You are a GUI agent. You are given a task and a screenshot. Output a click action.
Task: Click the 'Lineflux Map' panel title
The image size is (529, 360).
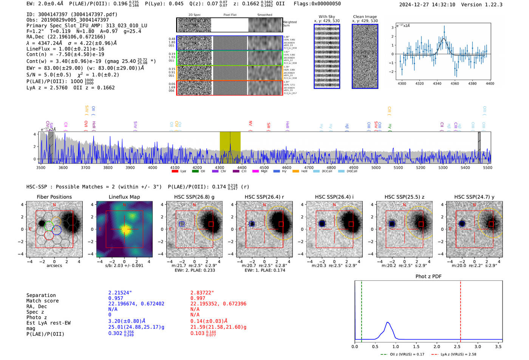pyautogui.click(x=124, y=197)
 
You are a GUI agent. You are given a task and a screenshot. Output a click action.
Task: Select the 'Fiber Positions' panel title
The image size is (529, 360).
pyautogui.click(x=54, y=197)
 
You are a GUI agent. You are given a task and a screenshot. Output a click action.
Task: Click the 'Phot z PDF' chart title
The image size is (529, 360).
pyautogui.click(x=428, y=277)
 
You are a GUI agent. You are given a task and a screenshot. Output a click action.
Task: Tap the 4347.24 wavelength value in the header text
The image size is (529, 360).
pyautogui.click(x=46, y=43)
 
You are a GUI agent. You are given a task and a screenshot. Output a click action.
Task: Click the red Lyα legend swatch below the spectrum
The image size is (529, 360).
pyautogui.click(x=175, y=171)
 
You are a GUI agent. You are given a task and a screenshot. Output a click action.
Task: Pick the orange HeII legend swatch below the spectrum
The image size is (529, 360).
pyautogui.click(x=295, y=171)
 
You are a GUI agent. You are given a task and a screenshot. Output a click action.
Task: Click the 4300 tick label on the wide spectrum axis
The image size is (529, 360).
pyautogui.click(x=220, y=168)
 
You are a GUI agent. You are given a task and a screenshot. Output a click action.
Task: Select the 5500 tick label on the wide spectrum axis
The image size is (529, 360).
pyautogui.click(x=487, y=168)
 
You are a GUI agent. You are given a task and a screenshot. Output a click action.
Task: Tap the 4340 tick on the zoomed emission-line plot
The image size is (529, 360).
pyautogui.click(x=437, y=83)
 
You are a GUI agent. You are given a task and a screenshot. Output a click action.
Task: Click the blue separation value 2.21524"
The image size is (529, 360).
pyautogui.click(x=120, y=293)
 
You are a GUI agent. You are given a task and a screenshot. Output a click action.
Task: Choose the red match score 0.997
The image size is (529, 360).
pyautogui.click(x=198, y=298)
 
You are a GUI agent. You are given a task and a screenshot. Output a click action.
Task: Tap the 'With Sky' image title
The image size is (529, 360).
pyautogui.click(x=327, y=17)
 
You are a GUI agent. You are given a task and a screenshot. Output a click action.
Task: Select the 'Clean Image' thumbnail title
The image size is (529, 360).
pyautogui.click(x=365, y=17)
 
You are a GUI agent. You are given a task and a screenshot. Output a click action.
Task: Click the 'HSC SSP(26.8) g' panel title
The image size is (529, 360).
pyautogui.click(x=194, y=197)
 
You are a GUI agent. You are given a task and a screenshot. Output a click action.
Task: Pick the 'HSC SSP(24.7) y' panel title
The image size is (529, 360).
pyautogui.click(x=474, y=197)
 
